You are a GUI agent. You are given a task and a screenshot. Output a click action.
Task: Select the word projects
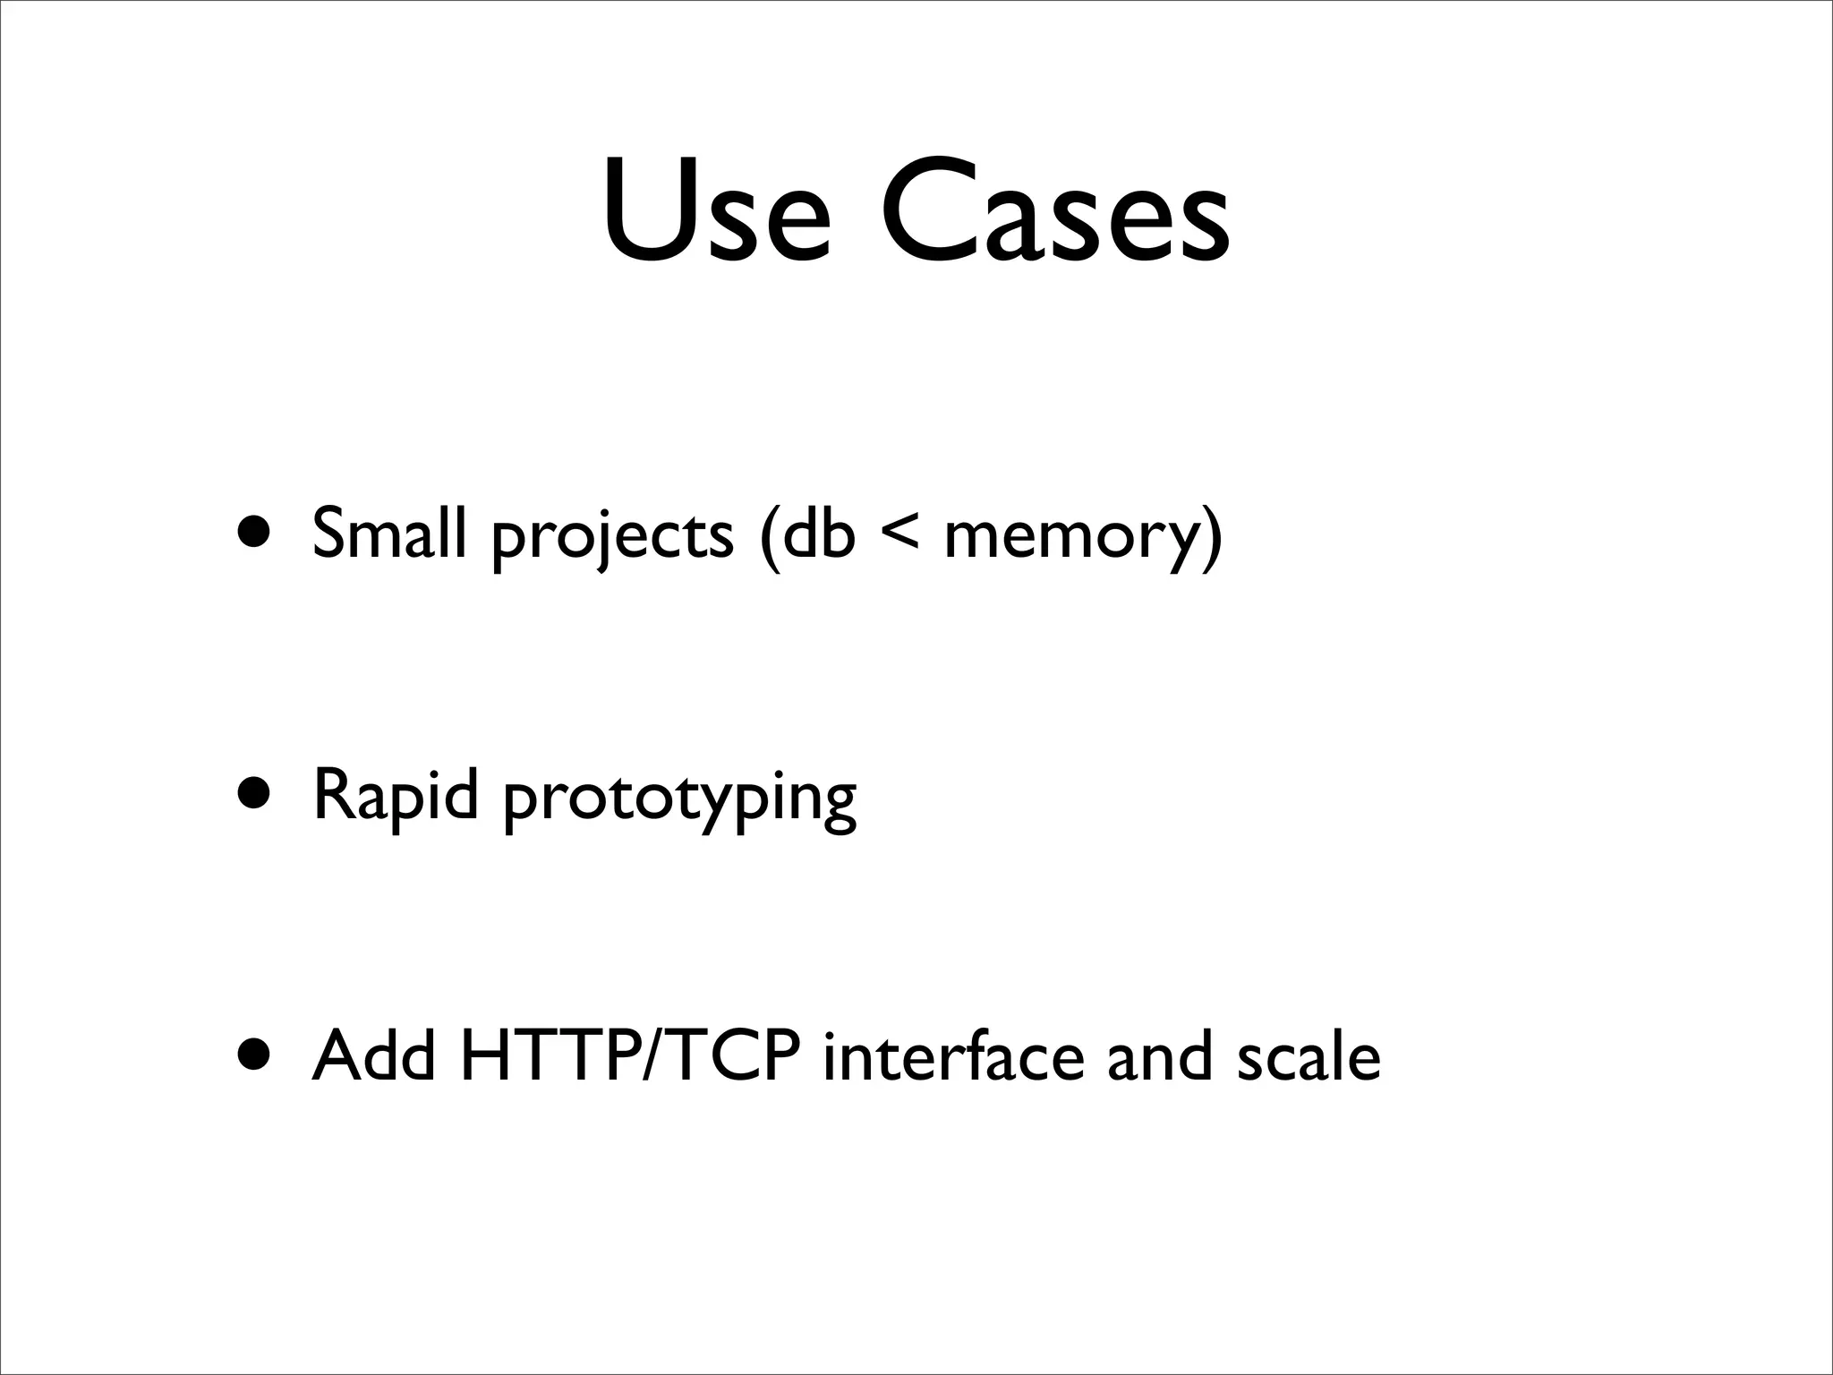tap(612, 537)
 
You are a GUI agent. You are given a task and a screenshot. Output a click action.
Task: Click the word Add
tap(374, 1055)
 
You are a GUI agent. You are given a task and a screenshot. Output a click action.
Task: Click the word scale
tap(1309, 1055)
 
